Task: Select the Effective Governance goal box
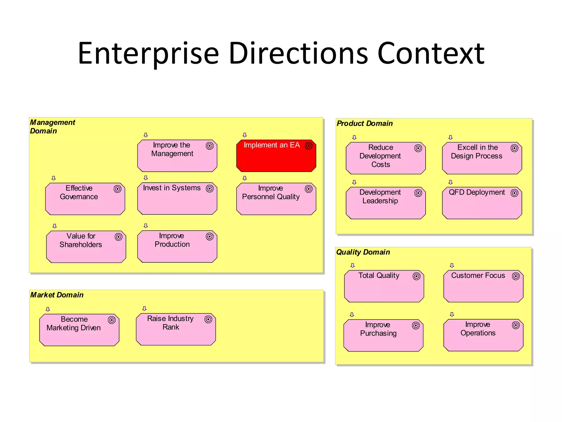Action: [85, 199]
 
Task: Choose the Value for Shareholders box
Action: [86, 247]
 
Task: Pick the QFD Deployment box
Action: [482, 203]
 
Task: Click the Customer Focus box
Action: [483, 286]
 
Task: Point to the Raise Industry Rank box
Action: [176, 329]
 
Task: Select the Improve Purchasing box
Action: [383, 335]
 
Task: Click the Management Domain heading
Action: [52, 126]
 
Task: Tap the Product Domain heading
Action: [365, 123]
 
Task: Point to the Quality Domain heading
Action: [363, 252]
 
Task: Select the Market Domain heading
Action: [57, 295]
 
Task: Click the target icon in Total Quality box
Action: [417, 276]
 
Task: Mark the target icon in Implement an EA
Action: [309, 146]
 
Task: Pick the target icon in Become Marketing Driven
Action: [112, 320]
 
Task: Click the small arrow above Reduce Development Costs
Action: [354, 137]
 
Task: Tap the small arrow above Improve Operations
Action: [452, 314]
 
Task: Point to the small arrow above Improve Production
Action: [146, 226]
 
